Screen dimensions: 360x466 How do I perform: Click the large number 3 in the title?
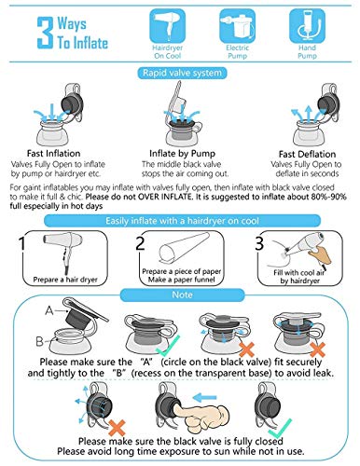[45, 33]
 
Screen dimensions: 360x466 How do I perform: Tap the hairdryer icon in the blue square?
[168, 25]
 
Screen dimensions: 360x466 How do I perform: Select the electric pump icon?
[238, 25]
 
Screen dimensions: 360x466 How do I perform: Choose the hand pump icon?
[307, 25]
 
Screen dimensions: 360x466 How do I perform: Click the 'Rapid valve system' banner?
[182, 73]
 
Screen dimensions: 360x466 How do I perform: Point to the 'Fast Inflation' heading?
[53, 153]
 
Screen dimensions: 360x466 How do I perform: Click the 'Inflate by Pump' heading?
[182, 153]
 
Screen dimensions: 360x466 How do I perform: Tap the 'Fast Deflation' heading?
[307, 154]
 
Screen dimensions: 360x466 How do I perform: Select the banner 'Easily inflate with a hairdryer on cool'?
[182, 221]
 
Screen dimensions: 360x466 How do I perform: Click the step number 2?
[140, 243]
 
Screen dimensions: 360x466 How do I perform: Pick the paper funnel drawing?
[184, 249]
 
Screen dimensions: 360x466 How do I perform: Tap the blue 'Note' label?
[182, 295]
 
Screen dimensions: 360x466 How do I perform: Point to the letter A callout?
[49, 310]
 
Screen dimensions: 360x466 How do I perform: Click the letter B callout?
[39, 341]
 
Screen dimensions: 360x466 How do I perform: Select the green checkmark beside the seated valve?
[168, 346]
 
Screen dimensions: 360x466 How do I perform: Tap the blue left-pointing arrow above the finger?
[204, 397]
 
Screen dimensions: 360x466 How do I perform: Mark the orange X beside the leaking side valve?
[118, 428]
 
